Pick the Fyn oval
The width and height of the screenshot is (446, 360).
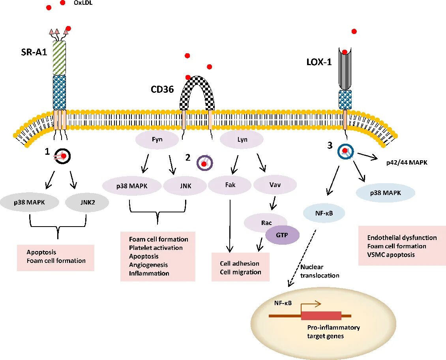157,140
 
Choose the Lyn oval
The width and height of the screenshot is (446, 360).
242,140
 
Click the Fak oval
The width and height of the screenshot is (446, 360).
230,185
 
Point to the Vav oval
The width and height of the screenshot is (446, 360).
275,185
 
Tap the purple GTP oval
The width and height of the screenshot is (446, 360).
282,234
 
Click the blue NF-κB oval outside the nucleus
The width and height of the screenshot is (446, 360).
324,214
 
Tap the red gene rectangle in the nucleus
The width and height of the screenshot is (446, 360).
321,315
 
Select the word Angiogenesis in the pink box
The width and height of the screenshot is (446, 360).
148,264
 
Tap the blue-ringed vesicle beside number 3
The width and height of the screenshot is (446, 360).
345,151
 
